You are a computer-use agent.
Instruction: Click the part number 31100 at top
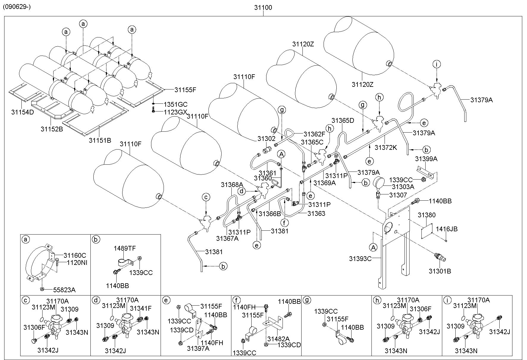tap(263, 8)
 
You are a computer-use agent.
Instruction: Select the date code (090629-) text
tap(17, 6)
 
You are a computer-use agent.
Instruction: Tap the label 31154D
tap(23, 112)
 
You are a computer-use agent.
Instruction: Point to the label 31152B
tap(52, 129)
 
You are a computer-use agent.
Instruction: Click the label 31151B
tap(100, 140)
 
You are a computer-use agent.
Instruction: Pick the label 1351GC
tap(176, 104)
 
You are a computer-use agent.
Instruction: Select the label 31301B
tap(440, 271)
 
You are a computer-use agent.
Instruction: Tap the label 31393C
tap(360, 259)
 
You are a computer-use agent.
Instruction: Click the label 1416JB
tap(447, 229)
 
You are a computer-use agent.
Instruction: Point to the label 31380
tap(426, 215)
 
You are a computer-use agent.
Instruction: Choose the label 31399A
tap(426, 159)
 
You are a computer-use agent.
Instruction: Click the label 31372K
tap(386, 147)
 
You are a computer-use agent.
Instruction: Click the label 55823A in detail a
tap(64, 290)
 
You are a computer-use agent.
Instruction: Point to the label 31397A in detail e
tap(198, 348)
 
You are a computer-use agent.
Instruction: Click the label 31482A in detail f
tap(278, 339)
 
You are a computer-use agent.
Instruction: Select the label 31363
tap(316, 213)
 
